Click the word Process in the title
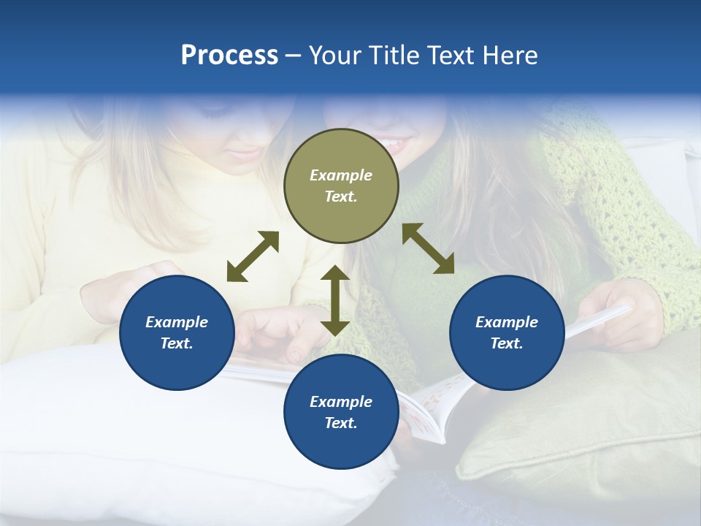point(229,56)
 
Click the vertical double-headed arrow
point(335,300)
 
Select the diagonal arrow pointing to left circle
point(253,256)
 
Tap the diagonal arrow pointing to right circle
point(428,248)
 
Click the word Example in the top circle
point(341,175)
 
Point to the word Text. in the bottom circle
point(341,423)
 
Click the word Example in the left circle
point(177,322)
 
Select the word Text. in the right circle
point(507,343)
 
